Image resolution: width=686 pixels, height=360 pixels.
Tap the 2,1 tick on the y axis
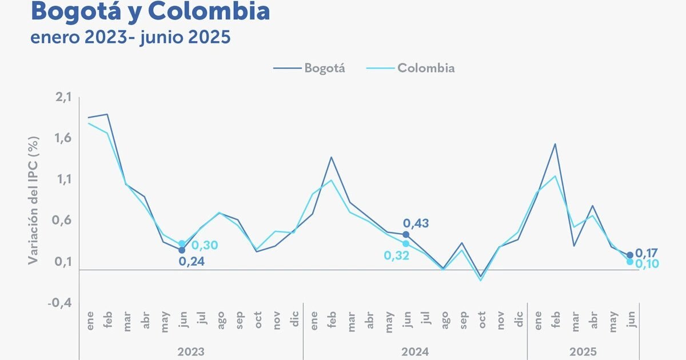(63, 98)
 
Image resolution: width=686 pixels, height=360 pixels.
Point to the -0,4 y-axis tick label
(61, 303)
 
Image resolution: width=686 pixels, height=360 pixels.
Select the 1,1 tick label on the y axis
(63, 180)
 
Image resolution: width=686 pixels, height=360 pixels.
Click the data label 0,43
(416, 223)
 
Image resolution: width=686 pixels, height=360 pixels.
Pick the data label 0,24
(192, 262)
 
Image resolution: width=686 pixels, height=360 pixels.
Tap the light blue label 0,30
(205, 245)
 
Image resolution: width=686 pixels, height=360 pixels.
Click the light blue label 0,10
(648, 263)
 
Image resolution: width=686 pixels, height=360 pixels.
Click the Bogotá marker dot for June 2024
(406, 234)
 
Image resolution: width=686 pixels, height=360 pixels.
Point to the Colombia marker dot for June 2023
(182, 244)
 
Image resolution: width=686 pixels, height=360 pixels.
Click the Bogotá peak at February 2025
(555, 144)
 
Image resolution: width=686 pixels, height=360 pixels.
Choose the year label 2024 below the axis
(415, 351)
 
